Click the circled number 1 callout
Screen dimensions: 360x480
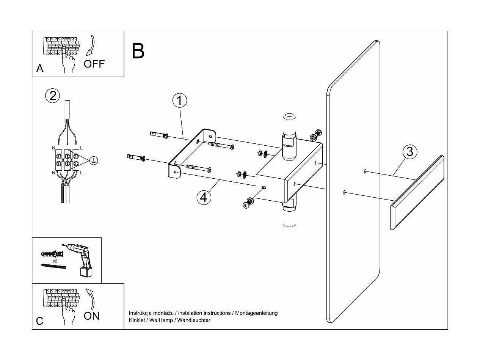[x=180, y=101]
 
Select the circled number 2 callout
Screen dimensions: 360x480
[x=53, y=95]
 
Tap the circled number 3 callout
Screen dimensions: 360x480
[x=409, y=151]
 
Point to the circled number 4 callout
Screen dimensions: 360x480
[x=203, y=197]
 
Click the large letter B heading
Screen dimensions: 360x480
[x=138, y=51]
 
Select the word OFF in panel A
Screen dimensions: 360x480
[x=94, y=64]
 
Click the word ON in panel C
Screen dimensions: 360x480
[x=91, y=316]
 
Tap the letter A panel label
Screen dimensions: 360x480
[x=40, y=69]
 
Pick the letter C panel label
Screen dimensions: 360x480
[x=40, y=321]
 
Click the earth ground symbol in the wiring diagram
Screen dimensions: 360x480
[x=94, y=161]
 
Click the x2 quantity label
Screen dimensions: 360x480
[x=55, y=261]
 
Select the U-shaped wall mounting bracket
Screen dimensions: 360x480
[x=191, y=152]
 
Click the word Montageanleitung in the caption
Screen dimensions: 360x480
[x=256, y=313]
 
